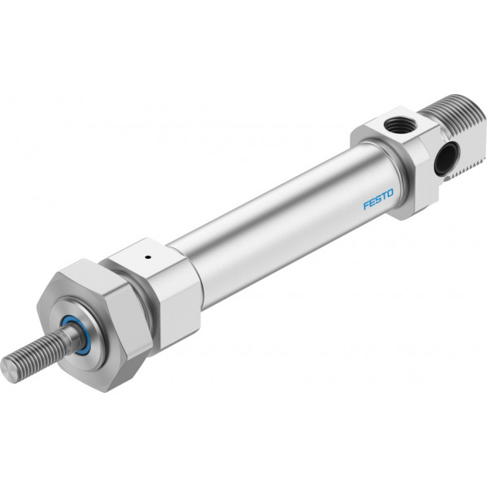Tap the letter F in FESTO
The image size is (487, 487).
(x=367, y=205)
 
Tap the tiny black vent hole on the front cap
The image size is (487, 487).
(x=148, y=256)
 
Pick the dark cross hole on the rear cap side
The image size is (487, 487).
(x=446, y=158)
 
